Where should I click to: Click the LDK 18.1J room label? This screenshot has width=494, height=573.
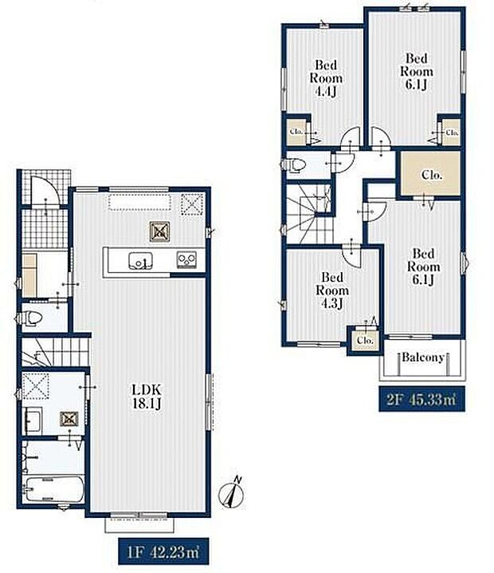(x=147, y=396)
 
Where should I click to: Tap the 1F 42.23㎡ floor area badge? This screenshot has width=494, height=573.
(x=163, y=551)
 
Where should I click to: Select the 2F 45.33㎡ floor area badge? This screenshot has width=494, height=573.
(x=421, y=399)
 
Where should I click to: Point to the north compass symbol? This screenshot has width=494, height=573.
(x=230, y=492)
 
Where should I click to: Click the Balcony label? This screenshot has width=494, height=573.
(x=423, y=357)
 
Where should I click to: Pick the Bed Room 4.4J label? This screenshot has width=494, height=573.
(x=326, y=78)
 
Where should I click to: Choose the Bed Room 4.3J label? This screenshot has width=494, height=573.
(x=332, y=290)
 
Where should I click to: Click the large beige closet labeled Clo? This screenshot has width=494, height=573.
(x=430, y=174)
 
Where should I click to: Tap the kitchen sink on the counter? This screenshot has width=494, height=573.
(x=140, y=261)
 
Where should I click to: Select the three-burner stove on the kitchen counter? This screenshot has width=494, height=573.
(x=186, y=260)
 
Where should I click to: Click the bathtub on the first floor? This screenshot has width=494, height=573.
(x=55, y=489)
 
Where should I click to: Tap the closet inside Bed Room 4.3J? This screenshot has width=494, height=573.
(x=365, y=340)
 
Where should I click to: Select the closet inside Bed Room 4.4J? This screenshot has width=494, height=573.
(x=296, y=132)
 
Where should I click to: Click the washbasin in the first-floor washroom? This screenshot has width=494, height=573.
(x=33, y=421)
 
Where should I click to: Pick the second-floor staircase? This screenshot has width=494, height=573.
(x=309, y=214)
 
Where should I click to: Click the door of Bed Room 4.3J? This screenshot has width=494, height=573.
(x=351, y=256)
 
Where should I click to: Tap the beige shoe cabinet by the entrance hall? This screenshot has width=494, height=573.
(x=29, y=275)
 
